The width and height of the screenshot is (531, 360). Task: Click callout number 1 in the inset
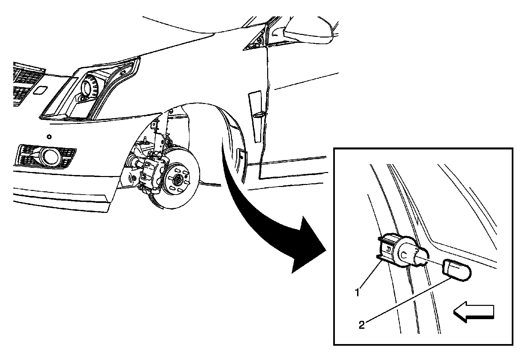(357, 293)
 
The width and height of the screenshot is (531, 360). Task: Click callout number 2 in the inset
(361, 325)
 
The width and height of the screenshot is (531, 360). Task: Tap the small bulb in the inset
(456, 270)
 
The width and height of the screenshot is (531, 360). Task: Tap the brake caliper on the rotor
(153, 172)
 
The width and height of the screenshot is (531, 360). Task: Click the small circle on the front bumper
(49, 137)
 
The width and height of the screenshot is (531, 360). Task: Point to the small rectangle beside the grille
(40, 90)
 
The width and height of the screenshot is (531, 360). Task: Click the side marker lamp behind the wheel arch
(241, 156)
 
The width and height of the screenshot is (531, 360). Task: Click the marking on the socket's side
(388, 249)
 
